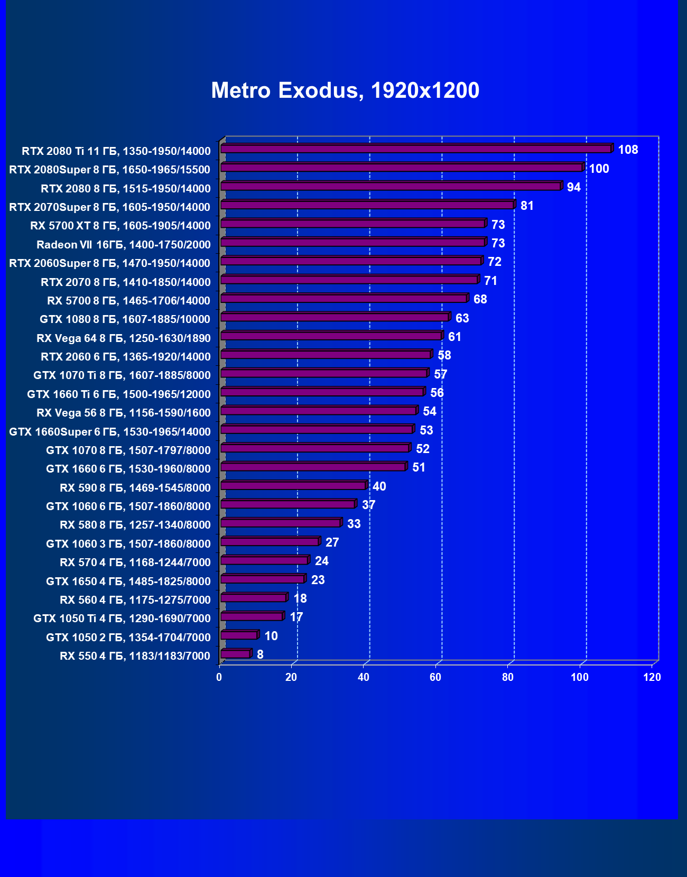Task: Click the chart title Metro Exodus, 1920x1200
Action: tap(345, 90)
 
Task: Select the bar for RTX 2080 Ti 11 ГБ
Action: tap(416, 149)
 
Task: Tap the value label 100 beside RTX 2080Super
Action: tap(599, 169)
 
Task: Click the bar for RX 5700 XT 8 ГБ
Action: tap(352, 224)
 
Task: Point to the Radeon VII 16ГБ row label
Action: tap(124, 245)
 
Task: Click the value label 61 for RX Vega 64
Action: tap(454, 337)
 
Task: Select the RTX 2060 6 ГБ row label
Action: tap(126, 357)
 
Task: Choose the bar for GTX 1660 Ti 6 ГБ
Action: tap(322, 392)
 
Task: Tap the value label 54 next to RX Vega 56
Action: tap(430, 411)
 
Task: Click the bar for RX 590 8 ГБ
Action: tap(293, 486)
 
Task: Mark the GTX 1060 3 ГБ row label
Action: tap(128, 544)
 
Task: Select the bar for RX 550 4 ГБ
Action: tap(235, 654)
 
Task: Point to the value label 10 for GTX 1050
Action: tap(271, 636)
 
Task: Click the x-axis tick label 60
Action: tap(435, 677)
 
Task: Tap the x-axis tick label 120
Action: tap(652, 677)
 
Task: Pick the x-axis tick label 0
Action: tap(219, 677)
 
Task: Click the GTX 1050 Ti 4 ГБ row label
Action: tap(122, 618)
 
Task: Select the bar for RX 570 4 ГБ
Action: tap(264, 560)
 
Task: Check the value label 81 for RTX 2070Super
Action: tap(527, 206)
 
